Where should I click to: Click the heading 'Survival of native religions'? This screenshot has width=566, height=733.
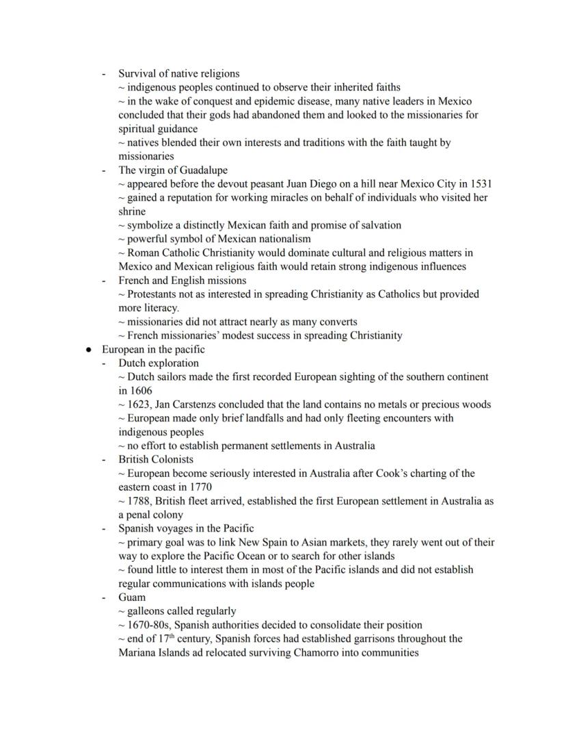(x=178, y=73)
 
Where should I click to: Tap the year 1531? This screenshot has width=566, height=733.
(x=481, y=183)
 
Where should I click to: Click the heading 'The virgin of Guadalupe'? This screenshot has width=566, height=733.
(x=173, y=170)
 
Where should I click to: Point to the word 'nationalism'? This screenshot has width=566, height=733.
(x=282, y=239)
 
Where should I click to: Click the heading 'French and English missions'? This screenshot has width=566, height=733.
(x=182, y=280)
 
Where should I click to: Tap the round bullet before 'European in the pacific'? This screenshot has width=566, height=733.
(x=89, y=349)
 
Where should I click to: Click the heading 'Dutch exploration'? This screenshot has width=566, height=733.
(x=159, y=363)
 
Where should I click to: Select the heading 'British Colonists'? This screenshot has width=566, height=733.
(x=156, y=459)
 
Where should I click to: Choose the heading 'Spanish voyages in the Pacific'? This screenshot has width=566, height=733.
(x=186, y=528)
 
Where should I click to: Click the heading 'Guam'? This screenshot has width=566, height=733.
(x=132, y=597)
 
